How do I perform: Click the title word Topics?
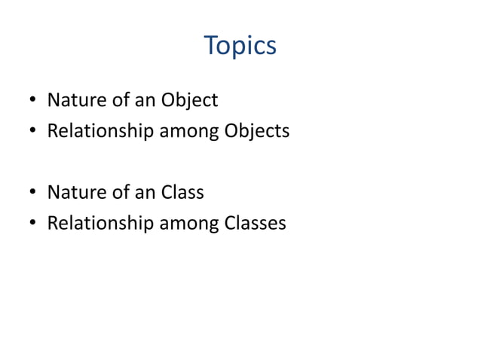point(240,47)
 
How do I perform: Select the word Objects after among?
point(257,131)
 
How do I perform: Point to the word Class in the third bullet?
point(182,192)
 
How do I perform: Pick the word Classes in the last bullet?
point(256,223)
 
